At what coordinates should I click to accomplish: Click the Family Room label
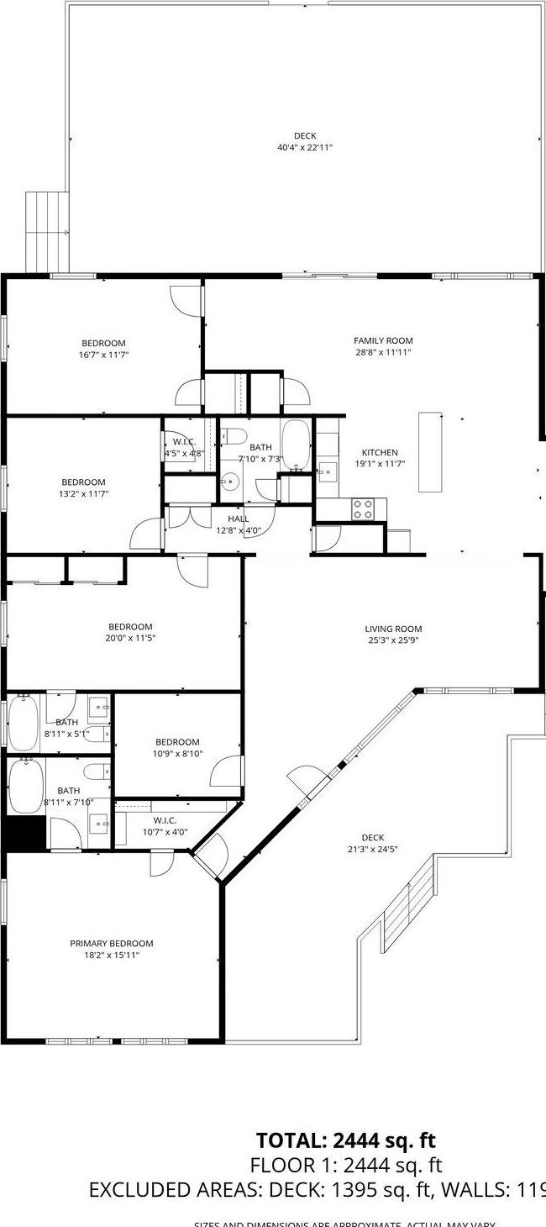(383, 340)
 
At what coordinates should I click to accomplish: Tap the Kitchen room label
(379, 452)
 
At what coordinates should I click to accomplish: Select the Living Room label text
(393, 629)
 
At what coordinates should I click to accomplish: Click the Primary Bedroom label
(112, 943)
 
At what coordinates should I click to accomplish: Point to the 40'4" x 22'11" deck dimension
(305, 148)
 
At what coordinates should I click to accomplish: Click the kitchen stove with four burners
(363, 508)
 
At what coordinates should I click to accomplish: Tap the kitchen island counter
(430, 451)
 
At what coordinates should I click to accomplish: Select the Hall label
(239, 519)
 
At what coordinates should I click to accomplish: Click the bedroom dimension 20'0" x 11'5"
(130, 638)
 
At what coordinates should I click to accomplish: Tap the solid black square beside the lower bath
(24, 833)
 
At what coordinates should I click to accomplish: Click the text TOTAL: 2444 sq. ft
(346, 1140)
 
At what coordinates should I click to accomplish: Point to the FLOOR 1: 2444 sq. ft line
(345, 1166)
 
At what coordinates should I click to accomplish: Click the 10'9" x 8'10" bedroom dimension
(177, 754)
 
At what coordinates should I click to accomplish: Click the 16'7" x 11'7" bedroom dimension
(104, 355)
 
